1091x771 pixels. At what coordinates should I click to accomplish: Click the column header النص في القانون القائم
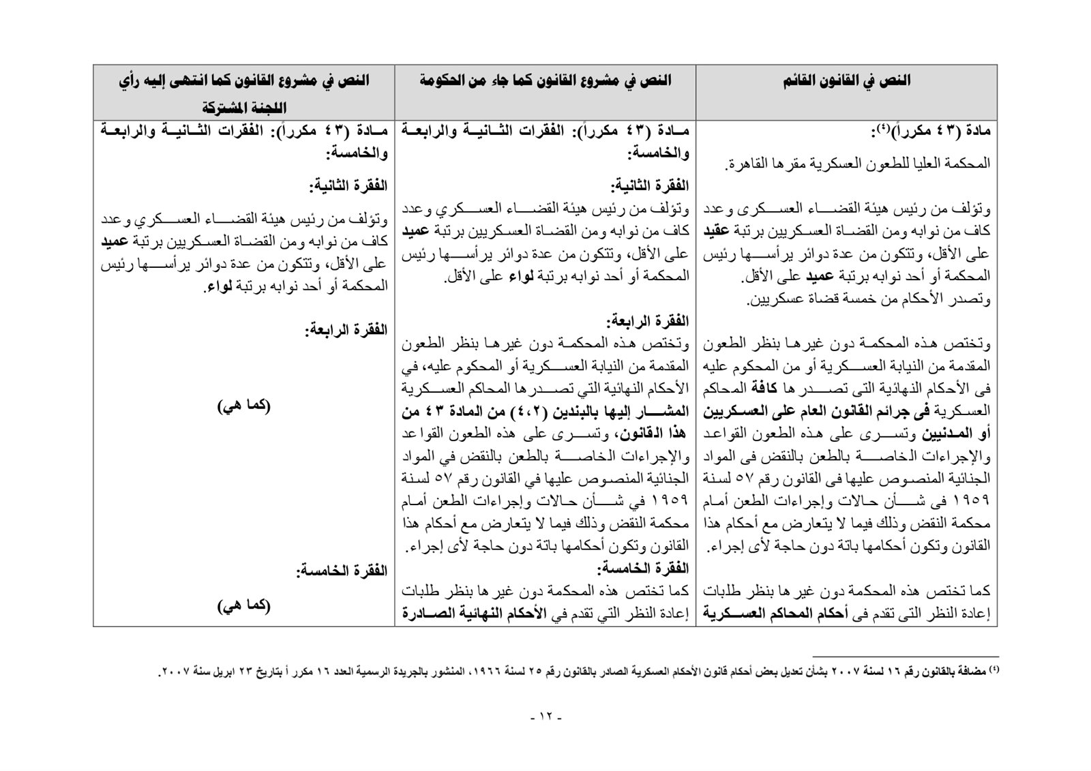(x=846, y=81)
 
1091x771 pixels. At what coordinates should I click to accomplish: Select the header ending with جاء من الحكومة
(x=545, y=81)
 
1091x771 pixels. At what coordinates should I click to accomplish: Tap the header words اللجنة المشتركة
(x=246, y=108)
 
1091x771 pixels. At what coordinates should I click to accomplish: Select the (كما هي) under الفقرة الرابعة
(x=244, y=406)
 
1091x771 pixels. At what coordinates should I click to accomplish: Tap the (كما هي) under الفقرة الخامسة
(x=244, y=605)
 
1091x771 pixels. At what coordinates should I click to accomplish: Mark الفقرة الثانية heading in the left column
(x=348, y=185)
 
